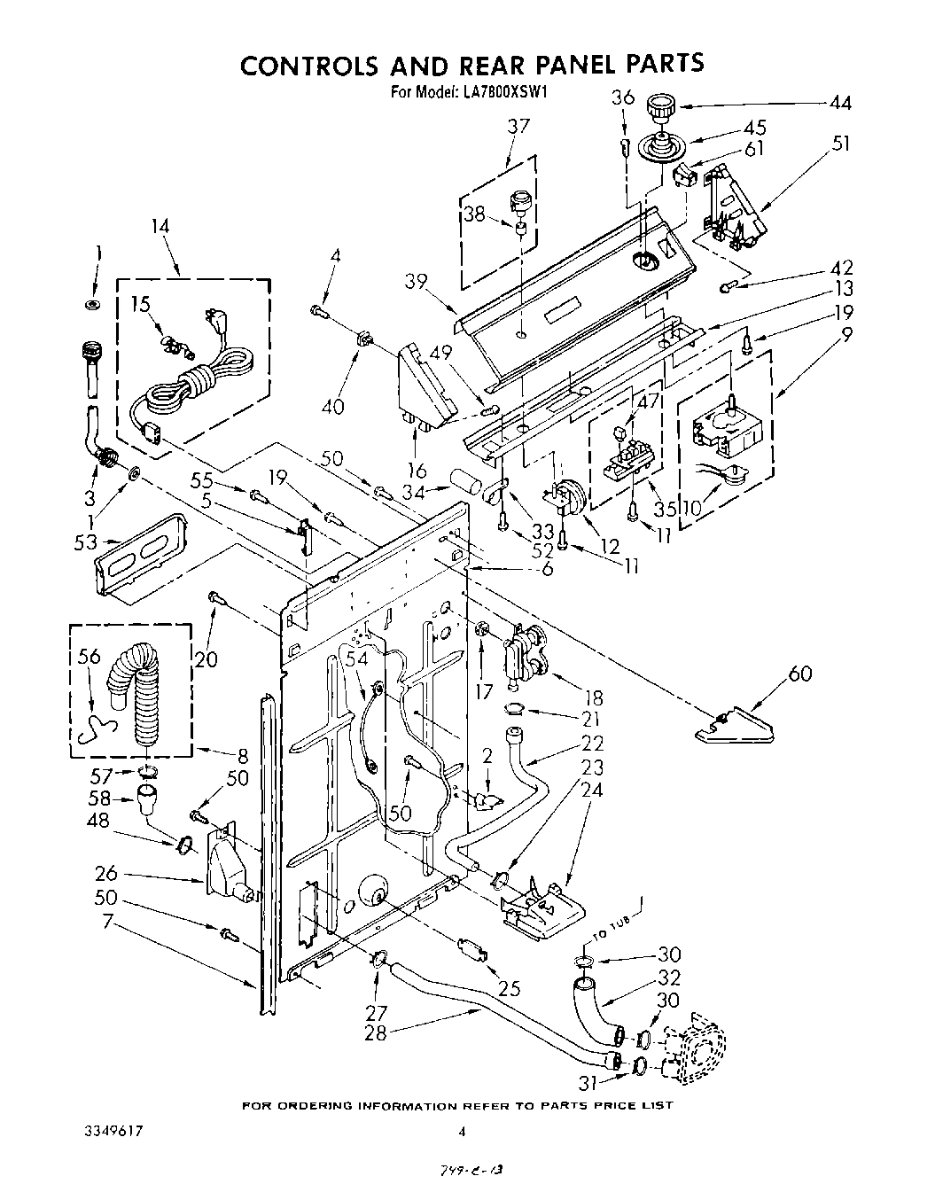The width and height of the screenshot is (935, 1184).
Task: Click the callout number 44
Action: [x=840, y=103]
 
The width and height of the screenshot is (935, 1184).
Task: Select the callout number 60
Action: [x=799, y=676]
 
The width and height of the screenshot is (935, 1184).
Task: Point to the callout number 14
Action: [x=160, y=226]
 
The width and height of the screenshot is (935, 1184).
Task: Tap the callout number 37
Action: [x=518, y=127]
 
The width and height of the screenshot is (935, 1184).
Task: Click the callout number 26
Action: [x=105, y=874]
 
